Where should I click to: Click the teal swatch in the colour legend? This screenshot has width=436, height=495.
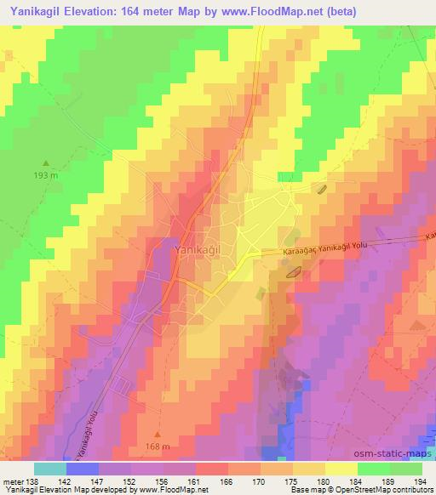pos(50,469)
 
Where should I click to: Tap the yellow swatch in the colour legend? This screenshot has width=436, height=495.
pos(341,469)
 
